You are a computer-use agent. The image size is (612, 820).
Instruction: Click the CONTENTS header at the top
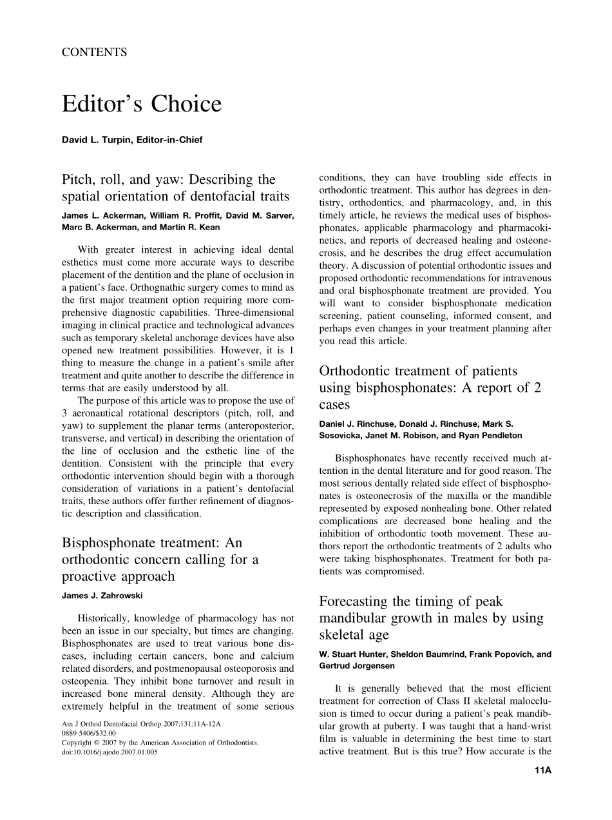(x=94, y=53)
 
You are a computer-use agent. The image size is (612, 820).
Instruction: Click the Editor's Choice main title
(x=141, y=104)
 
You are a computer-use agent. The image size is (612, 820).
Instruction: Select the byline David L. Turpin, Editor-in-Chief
(x=132, y=140)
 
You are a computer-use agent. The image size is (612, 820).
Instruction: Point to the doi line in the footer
(x=110, y=752)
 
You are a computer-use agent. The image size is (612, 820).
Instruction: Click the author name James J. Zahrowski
(x=102, y=596)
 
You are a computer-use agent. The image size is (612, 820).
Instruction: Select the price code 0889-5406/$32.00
(x=89, y=733)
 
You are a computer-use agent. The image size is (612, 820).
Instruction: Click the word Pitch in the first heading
(x=79, y=179)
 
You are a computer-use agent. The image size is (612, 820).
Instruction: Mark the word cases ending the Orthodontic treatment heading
(x=334, y=405)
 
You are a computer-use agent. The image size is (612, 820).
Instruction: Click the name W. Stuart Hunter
(x=352, y=654)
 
